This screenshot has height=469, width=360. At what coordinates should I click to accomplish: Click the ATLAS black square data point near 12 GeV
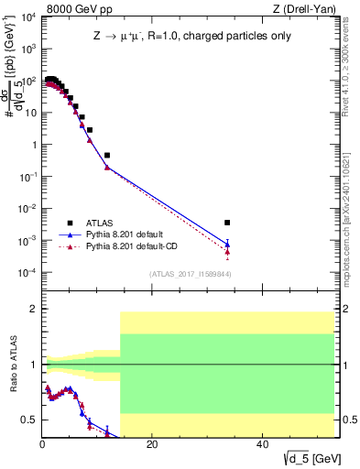(107, 155)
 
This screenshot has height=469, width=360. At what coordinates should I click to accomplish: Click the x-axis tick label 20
(152, 444)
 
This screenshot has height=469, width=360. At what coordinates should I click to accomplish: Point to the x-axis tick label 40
(262, 444)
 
